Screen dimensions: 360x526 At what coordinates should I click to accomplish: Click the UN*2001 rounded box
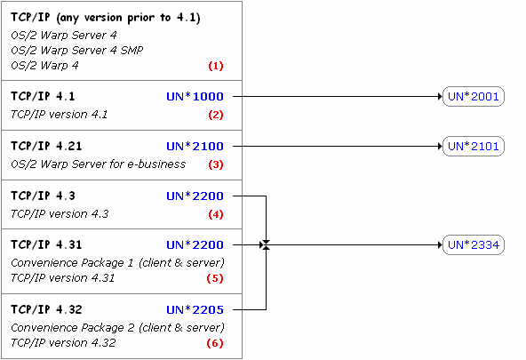473,97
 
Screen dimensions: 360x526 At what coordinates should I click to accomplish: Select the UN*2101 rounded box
473,146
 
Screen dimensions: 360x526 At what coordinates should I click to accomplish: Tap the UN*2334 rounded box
473,244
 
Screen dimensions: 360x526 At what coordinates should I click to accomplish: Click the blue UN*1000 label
201,97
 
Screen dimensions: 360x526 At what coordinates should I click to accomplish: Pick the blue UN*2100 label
201,146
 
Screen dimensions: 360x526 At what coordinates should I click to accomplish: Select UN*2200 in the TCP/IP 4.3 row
201,196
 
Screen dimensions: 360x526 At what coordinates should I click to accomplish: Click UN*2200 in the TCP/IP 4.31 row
201,244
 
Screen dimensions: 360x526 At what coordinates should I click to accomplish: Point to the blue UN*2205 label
201,310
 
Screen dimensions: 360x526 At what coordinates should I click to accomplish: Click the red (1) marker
215,66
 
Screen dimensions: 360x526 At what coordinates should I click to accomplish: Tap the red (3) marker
215,164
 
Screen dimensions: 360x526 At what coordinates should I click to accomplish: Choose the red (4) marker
215,214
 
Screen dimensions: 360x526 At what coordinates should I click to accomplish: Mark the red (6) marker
215,343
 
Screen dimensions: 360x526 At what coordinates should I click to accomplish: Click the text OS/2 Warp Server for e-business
98,164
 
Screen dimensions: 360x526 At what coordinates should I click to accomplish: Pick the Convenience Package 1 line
116,262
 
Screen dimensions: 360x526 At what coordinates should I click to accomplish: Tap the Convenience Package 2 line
116,327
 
